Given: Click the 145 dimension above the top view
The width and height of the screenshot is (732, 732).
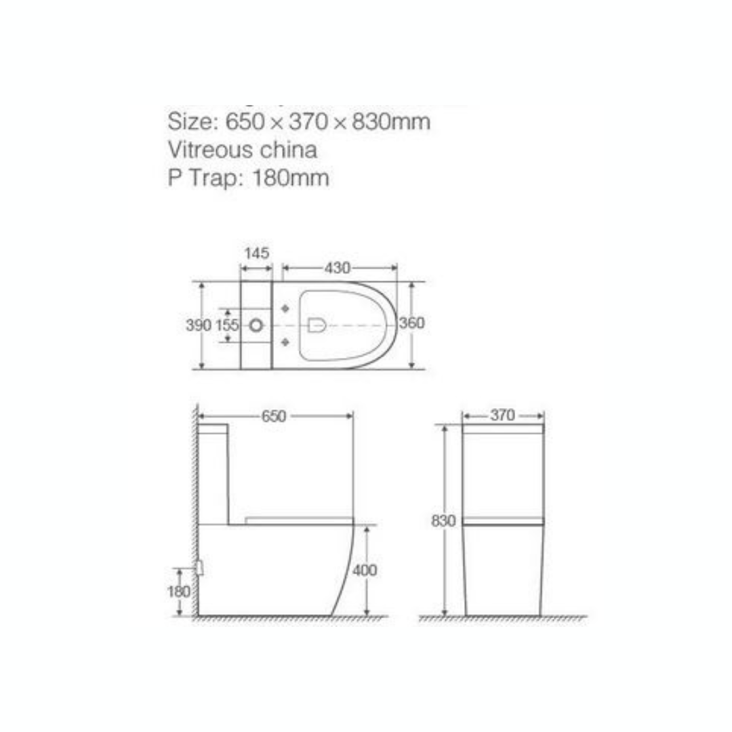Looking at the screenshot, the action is pos(257,253).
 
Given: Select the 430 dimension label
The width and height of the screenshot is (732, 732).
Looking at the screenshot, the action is pos(338,268).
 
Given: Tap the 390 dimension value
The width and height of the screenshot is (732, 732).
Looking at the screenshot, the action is pos(199,325).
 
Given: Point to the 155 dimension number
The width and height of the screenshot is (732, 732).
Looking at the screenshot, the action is pos(227,325).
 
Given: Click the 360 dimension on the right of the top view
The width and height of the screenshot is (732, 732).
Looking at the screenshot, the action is pos(412,323).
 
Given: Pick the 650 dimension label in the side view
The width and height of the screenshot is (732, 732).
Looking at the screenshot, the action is pos(274,416).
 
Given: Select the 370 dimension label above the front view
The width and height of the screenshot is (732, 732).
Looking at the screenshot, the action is pos(502,415).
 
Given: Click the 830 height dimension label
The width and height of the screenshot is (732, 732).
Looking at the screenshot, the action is pos(443,521).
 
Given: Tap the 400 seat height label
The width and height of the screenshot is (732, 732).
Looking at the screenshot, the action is pos(365,570).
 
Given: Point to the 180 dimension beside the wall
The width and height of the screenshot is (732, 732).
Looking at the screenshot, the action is pos(178,592).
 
